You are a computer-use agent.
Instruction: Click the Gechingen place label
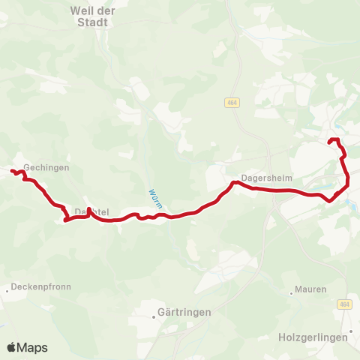point(46,168)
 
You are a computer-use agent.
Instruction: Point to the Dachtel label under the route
point(91,213)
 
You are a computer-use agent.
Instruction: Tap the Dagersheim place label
point(265,178)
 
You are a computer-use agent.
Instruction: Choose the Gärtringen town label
point(184,312)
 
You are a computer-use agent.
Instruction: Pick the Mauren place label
point(311,289)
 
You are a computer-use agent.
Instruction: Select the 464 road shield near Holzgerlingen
point(344,304)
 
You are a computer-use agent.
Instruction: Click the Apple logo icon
point(11,347)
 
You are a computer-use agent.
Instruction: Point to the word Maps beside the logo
point(32,348)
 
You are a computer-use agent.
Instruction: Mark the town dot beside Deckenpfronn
point(8,289)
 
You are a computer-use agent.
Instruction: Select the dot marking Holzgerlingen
point(351,330)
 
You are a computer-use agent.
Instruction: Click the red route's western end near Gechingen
point(12,172)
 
